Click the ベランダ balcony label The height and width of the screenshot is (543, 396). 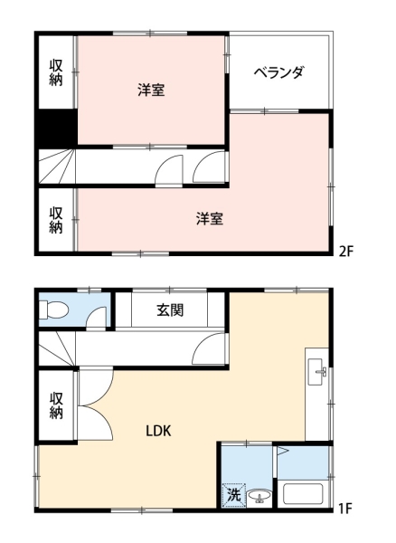coord(278,71)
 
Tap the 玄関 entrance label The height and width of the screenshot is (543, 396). coord(170,310)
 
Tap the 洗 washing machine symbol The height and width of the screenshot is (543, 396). coord(233,495)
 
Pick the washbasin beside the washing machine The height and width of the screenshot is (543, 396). coord(259,496)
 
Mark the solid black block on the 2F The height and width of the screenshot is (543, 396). coord(56,127)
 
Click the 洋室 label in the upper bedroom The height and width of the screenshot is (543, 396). coord(151,90)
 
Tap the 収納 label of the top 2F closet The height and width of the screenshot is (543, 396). coord(56,73)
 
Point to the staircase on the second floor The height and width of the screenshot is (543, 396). coord(56,167)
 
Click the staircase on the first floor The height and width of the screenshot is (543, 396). coord(56,348)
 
